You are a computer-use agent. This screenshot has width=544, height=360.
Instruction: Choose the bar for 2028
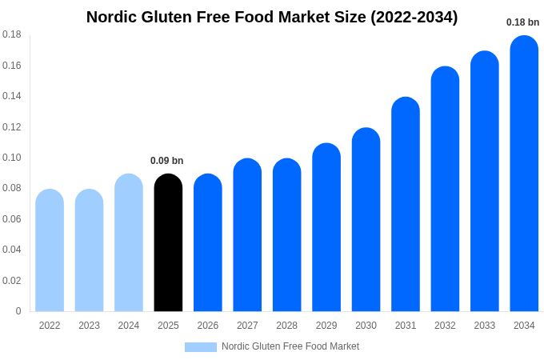(286, 235)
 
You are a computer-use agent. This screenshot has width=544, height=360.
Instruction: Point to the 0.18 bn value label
(522, 22)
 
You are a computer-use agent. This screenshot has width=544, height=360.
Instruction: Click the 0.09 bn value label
(166, 161)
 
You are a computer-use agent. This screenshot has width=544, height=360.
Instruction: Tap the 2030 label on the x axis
(366, 326)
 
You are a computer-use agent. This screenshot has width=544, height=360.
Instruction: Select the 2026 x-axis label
(208, 326)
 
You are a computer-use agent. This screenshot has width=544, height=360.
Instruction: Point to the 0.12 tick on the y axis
(11, 127)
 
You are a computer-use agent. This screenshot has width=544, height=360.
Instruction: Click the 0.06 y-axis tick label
(11, 219)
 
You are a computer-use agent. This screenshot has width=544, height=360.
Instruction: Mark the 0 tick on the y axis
(18, 311)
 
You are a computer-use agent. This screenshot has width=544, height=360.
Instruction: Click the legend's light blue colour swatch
(201, 347)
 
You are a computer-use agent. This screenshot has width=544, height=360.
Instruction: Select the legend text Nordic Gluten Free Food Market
(290, 346)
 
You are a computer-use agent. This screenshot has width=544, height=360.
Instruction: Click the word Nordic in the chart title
(111, 17)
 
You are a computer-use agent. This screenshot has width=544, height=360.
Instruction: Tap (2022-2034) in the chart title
(414, 17)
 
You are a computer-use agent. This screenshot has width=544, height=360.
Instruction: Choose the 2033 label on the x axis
(484, 326)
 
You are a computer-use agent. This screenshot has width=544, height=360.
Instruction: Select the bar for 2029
(326, 227)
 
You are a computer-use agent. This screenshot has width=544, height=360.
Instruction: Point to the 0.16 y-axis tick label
(11, 66)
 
